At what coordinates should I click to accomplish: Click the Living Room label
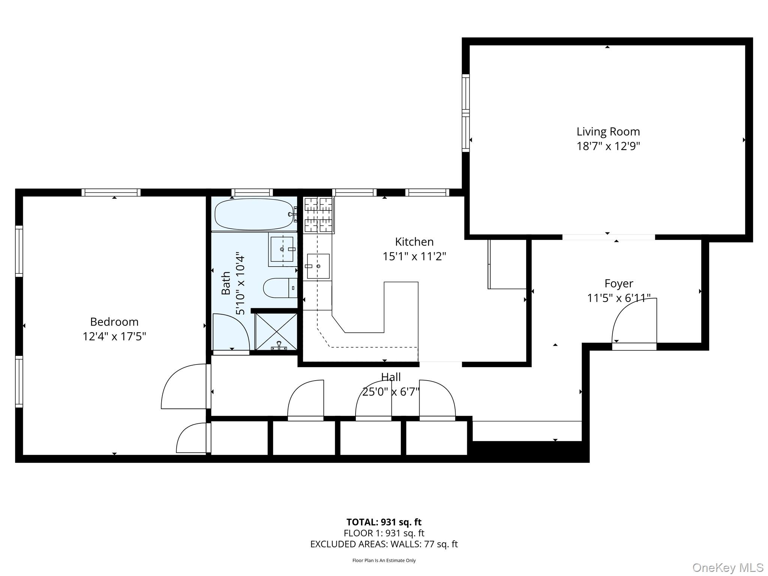[x=608, y=132]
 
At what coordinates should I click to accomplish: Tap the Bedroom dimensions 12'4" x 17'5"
[x=114, y=336]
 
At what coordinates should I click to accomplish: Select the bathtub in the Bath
[x=254, y=214]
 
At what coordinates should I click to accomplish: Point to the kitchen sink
[x=318, y=266]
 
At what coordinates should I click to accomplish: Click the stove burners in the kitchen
[x=318, y=215]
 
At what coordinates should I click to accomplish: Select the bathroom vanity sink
[x=282, y=249]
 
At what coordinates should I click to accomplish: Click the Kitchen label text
[x=414, y=241]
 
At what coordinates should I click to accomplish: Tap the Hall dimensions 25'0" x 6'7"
[x=390, y=392]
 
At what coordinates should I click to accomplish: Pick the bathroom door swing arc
[x=231, y=332]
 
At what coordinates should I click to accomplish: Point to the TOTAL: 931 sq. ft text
[x=384, y=522]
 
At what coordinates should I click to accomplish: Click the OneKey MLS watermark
[x=727, y=568]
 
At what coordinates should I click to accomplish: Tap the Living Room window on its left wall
[x=465, y=113]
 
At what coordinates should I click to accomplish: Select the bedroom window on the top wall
[x=111, y=192]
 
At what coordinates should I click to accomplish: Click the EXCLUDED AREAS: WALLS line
[x=384, y=544]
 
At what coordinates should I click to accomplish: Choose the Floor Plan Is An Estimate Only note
[x=384, y=560]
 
